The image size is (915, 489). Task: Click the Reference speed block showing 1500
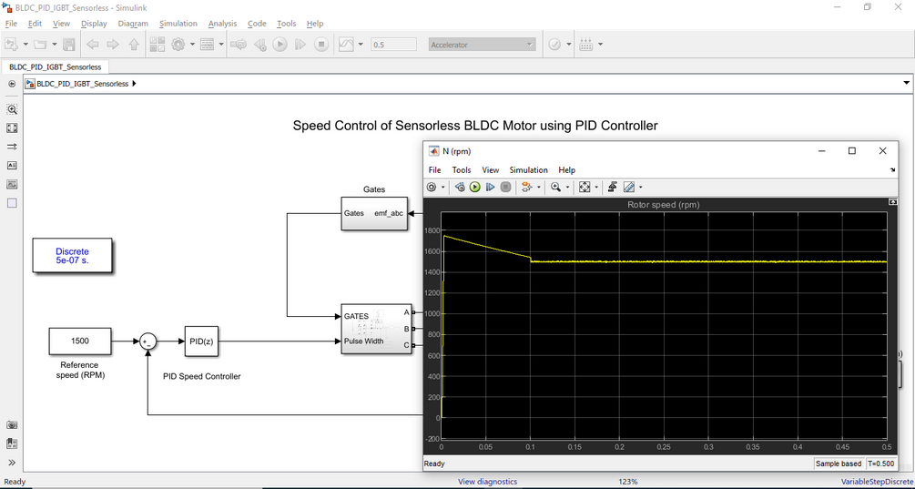(80, 341)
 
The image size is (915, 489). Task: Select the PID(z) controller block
(201, 341)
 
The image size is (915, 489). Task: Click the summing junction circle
(148, 341)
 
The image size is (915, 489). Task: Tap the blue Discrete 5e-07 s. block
(72, 256)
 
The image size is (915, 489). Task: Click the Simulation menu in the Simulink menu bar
(178, 24)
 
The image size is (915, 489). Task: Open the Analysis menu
(222, 24)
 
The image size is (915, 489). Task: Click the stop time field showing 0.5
(393, 45)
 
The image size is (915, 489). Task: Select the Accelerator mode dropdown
(482, 45)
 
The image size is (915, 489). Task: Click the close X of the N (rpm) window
(882, 150)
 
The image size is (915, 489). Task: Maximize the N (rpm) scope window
(852, 150)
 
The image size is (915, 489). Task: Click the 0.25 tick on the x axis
(664, 446)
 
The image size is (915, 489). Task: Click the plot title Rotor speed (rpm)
(664, 204)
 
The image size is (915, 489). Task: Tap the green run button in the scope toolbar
(474, 187)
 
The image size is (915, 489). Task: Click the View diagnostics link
(488, 482)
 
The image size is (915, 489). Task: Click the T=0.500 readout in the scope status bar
(881, 464)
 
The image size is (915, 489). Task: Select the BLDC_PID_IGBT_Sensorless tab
(55, 67)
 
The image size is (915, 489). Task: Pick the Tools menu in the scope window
(461, 169)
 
